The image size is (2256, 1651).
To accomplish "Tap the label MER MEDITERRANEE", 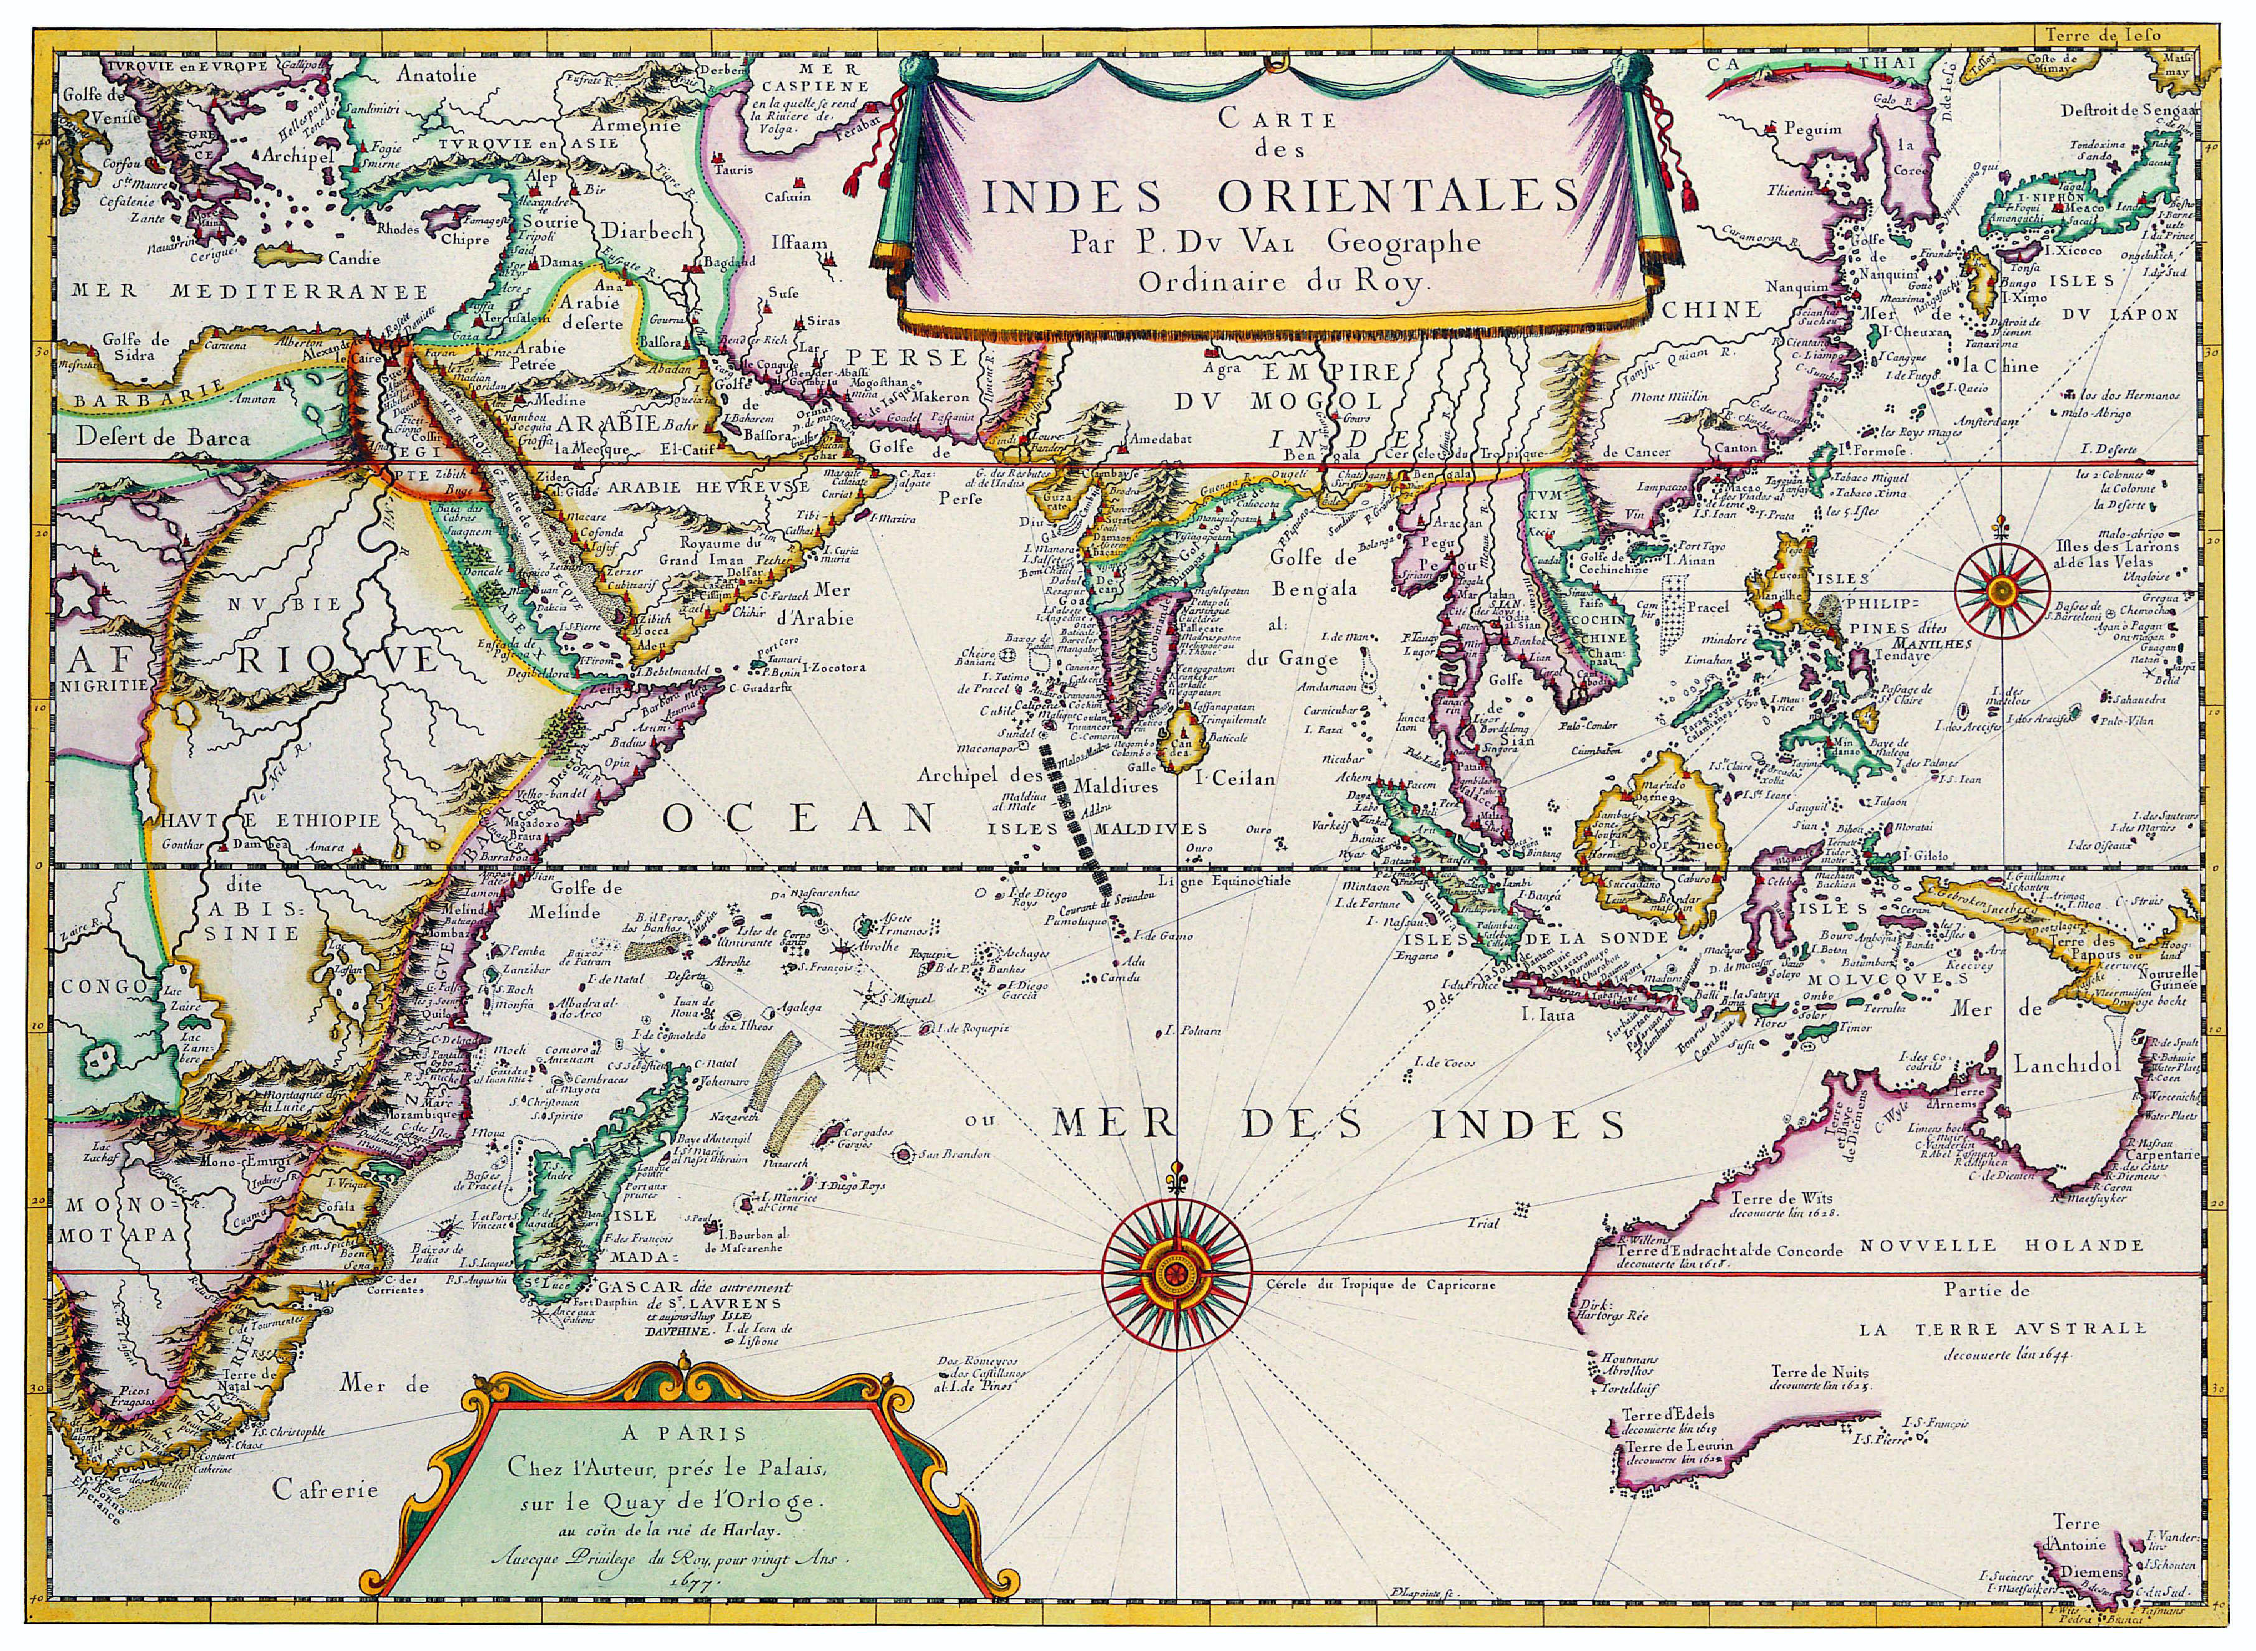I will (x=250, y=292).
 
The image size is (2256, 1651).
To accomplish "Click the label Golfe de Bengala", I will (x=1315, y=574).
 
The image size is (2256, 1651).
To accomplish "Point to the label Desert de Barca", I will (x=162, y=437).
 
